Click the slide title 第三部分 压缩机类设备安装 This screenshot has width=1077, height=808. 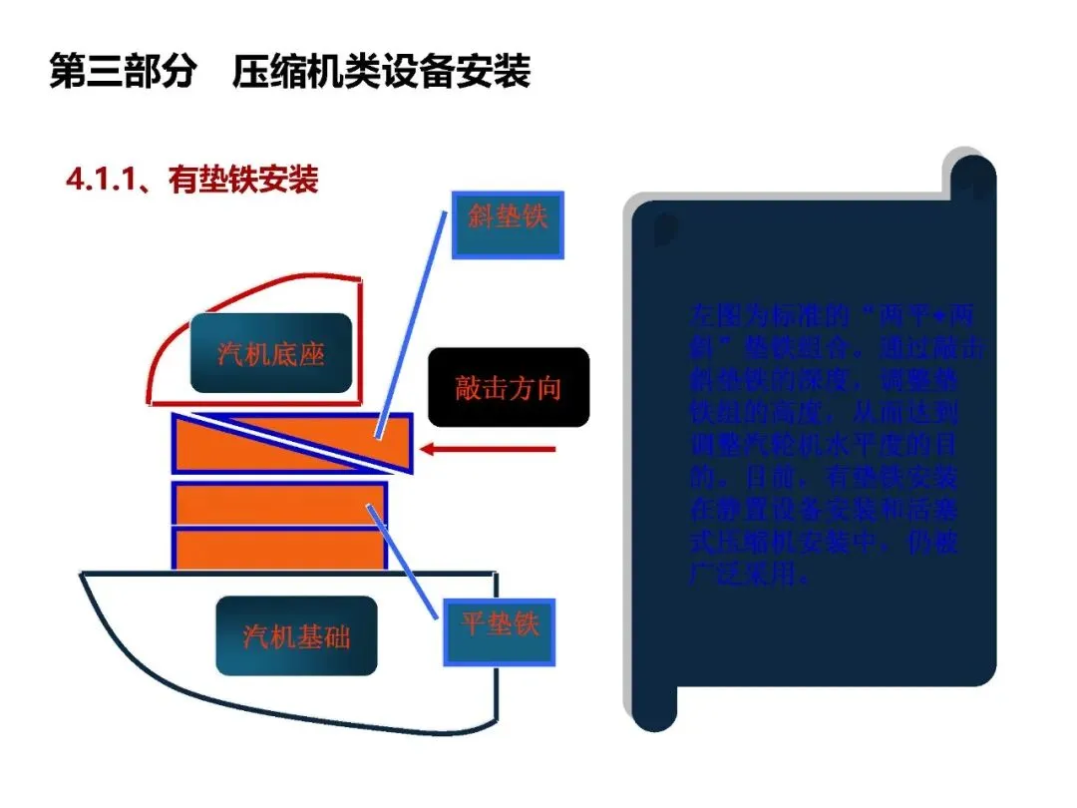coord(289,73)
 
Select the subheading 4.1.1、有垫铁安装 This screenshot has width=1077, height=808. coord(191,181)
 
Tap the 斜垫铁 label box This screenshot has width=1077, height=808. coord(508,224)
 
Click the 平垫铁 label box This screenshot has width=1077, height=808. coord(500,632)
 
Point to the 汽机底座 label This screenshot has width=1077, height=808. coord(271,352)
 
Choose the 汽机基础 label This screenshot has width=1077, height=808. coord(296,635)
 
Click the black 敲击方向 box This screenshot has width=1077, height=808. coord(509,387)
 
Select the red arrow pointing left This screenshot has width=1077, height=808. coord(488,450)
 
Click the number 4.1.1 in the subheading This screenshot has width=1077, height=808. coord(100,181)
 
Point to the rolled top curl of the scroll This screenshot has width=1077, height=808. coord(972,180)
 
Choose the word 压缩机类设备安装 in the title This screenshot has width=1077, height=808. coord(381,73)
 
